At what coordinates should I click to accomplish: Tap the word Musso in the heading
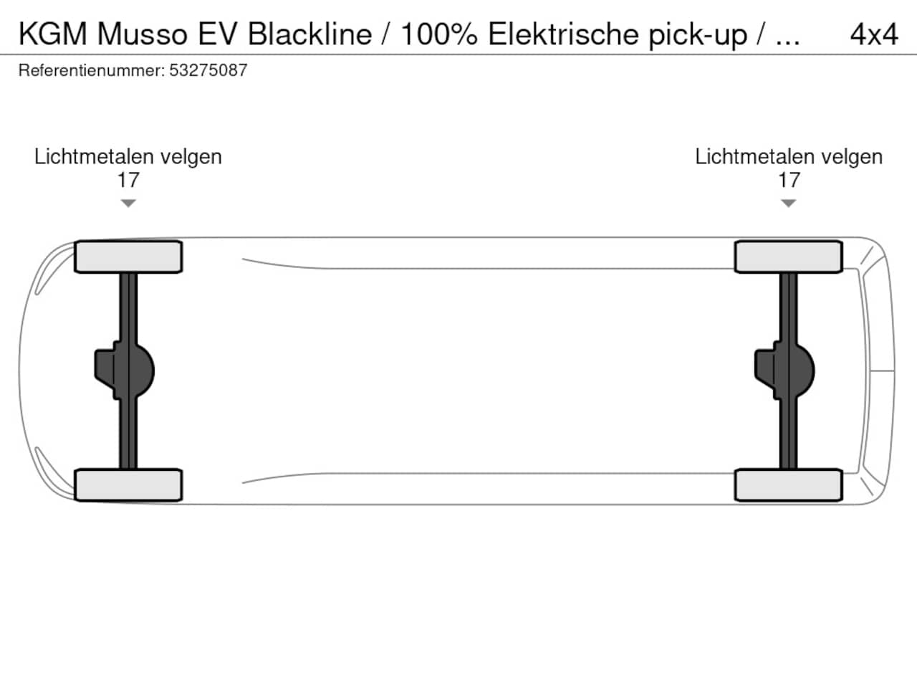(142, 34)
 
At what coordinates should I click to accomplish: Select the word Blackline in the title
(309, 34)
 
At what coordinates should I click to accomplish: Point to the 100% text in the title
(438, 34)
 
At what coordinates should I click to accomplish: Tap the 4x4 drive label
(873, 34)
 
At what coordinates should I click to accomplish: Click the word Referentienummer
(91, 70)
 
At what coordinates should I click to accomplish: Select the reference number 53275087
(208, 70)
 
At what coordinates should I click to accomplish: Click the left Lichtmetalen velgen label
(128, 157)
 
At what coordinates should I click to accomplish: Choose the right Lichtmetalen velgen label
(789, 157)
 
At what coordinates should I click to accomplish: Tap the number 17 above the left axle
(128, 180)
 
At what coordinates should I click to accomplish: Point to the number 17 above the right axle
(789, 180)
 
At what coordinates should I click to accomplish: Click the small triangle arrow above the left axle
(128, 204)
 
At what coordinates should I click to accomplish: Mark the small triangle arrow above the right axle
(789, 204)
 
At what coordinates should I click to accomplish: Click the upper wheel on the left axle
(128, 257)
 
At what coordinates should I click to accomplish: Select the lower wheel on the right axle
(789, 485)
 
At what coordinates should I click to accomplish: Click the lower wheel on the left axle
(128, 485)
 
